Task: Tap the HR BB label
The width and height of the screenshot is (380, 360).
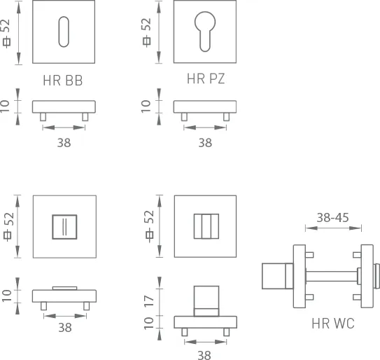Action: pyautogui.click(x=63, y=81)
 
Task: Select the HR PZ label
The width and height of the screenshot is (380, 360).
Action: pyautogui.click(x=206, y=78)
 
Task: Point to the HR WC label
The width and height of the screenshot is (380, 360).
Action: pyautogui.click(x=333, y=324)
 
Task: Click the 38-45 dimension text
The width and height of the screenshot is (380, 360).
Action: pyautogui.click(x=333, y=218)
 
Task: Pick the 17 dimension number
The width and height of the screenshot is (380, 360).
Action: pyautogui.click(x=149, y=301)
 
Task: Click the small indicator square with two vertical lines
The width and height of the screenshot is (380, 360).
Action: pyautogui.click(x=64, y=227)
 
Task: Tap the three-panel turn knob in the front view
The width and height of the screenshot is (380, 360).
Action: pyautogui.click(x=206, y=226)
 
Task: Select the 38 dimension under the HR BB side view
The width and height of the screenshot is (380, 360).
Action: pyautogui.click(x=64, y=143)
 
